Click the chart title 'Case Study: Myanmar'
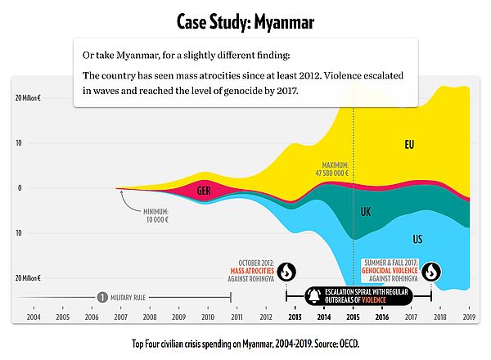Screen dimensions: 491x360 point(245,22)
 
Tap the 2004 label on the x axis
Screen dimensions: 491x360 point(34,317)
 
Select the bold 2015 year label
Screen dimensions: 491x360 point(353,317)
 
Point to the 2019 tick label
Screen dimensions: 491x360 point(469,317)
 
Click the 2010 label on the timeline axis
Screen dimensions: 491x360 point(208,317)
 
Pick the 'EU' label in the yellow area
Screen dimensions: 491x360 point(409,145)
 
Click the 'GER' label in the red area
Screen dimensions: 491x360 point(204,191)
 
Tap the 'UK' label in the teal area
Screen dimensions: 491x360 point(366,212)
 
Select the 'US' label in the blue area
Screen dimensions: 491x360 point(417,239)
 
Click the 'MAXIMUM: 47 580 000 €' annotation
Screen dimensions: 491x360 point(332,169)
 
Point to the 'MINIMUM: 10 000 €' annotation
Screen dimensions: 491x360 point(156,216)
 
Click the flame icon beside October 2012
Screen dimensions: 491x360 point(286,272)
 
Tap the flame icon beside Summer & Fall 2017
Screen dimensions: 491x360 point(431,272)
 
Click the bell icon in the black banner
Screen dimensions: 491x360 point(314,296)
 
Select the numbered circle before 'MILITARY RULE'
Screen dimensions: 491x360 point(102,297)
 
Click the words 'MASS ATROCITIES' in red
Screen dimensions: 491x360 point(252,271)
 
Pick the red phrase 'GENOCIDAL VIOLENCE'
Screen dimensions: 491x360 point(390,271)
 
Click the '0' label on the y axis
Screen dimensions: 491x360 point(20,188)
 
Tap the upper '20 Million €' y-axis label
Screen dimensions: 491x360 point(28,98)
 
